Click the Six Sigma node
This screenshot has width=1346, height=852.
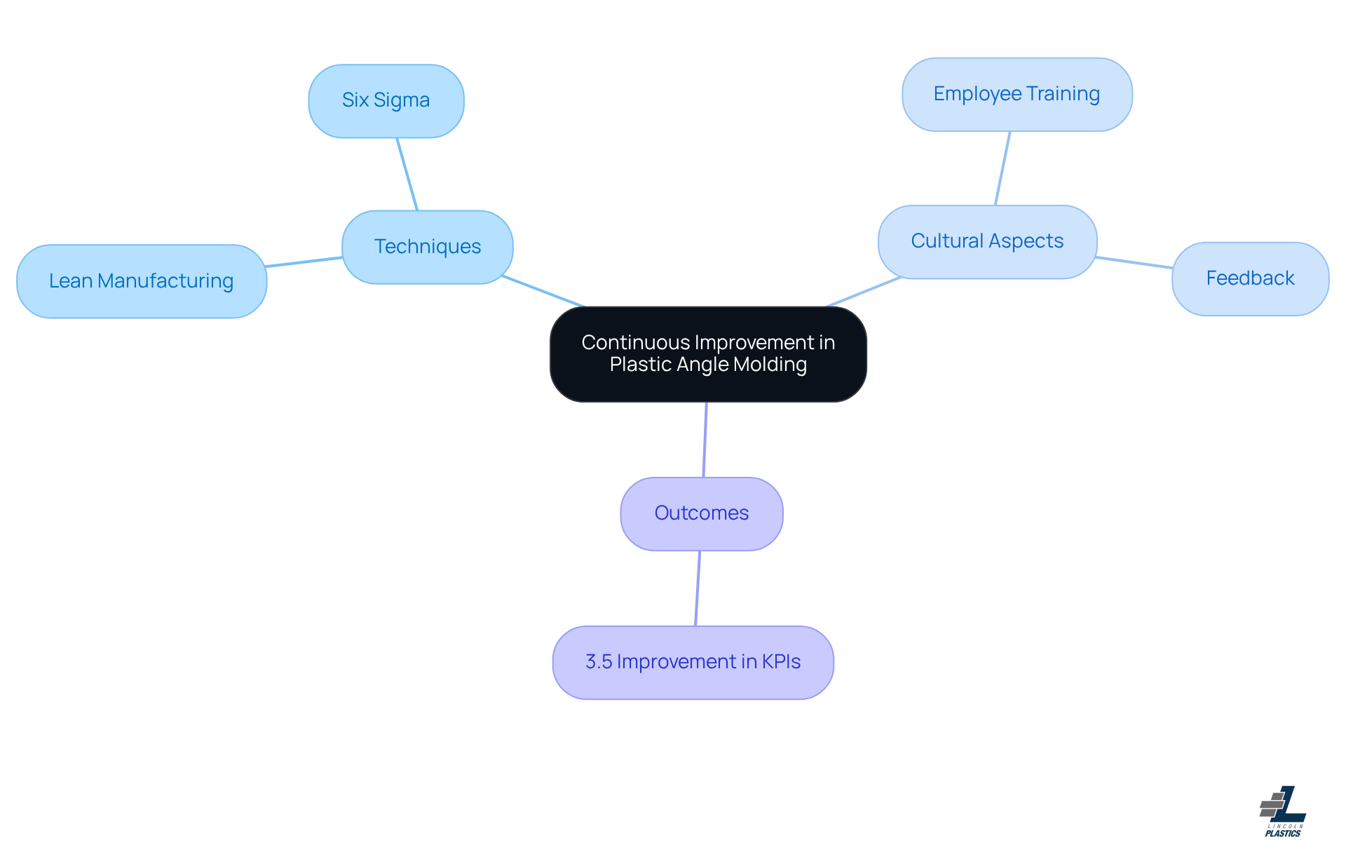pyautogui.click(x=386, y=101)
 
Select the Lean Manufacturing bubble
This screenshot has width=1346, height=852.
pyautogui.click(x=142, y=281)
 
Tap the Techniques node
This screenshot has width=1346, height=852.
pyautogui.click(x=428, y=247)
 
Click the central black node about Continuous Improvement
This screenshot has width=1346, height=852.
pyautogui.click(x=708, y=353)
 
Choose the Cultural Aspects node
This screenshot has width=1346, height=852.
pyautogui.click(x=987, y=241)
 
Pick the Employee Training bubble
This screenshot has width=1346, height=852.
pyautogui.click(x=1017, y=94)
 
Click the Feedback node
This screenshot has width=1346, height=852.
pyautogui.click(x=1250, y=278)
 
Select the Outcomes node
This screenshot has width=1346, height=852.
pyautogui.click(x=702, y=513)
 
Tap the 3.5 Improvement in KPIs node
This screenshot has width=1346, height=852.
pyautogui.click(x=693, y=662)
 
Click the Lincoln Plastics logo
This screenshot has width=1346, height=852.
pyautogui.click(x=1283, y=811)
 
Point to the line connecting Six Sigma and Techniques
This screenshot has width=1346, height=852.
pyautogui.click(x=407, y=174)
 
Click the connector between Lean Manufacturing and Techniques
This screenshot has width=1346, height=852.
pyautogui.click(x=304, y=262)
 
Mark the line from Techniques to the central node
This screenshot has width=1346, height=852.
pyautogui.click(x=543, y=292)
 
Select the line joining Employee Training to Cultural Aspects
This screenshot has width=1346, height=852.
pyautogui.click(x=1002, y=168)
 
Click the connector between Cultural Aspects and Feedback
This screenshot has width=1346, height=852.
pyautogui.click(x=1134, y=262)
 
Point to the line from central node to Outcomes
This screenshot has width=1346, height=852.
pyautogui.click(x=705, y=440)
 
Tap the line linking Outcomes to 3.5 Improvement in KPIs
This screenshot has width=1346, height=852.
pyautogui.click(x=698, y=588)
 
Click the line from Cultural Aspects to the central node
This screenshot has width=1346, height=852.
pyautogui.click(x=864, y=292)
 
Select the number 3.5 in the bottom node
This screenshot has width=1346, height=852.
pyautogui.click(x=599, y=662)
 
